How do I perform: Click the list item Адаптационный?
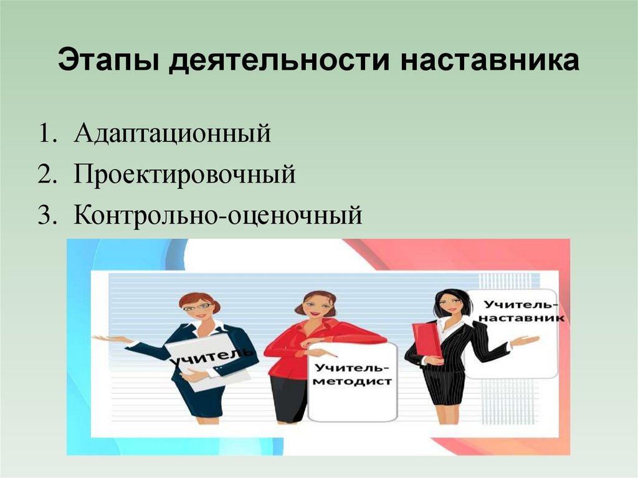click(173, 134)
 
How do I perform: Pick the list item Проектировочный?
click(184, 175)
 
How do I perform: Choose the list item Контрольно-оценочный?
click(217, 216)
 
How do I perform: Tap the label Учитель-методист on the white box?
click(352, 374)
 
